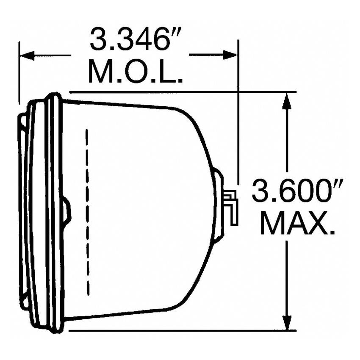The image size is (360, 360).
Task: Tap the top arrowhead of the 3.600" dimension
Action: (287, 100)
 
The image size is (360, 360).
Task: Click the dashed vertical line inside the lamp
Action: (87, 212)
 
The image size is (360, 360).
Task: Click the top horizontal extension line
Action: (182, 91)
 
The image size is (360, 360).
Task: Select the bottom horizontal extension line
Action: (182, 330)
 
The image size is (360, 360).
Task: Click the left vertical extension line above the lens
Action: (19, 72)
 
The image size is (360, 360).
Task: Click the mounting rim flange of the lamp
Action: (54, 212)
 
